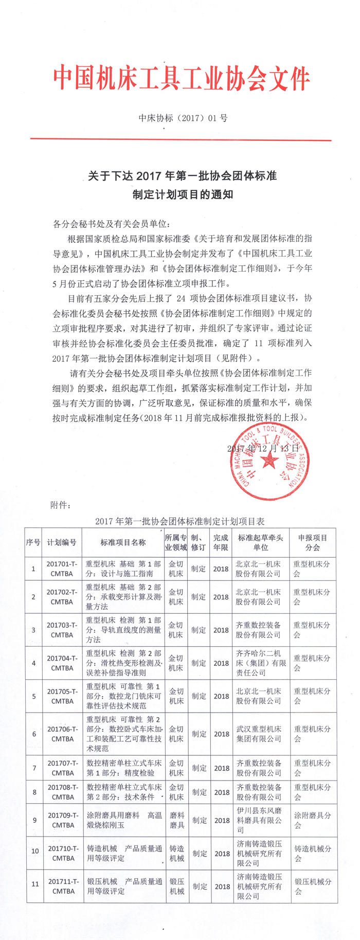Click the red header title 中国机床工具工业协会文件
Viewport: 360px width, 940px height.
click(181, 79)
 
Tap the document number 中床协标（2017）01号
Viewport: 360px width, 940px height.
click(183, 118)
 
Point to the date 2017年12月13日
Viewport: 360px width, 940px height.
click(262, 449)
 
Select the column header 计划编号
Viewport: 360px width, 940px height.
click(62, 542)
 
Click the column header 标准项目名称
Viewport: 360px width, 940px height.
click(123, 542)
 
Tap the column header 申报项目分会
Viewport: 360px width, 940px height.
click(312, 542)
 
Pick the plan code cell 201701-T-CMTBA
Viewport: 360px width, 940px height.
click(62, 569)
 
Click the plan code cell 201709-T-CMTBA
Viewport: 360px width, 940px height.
click(63, 820)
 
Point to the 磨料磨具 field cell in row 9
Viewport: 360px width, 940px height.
click(176, 820)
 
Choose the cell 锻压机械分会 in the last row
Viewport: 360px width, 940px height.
click(312, 886)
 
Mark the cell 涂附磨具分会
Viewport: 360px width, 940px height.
click(312, 820)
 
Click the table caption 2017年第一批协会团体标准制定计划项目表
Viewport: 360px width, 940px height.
click(180, 521)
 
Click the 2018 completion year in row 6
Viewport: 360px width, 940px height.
click(222, 734)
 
